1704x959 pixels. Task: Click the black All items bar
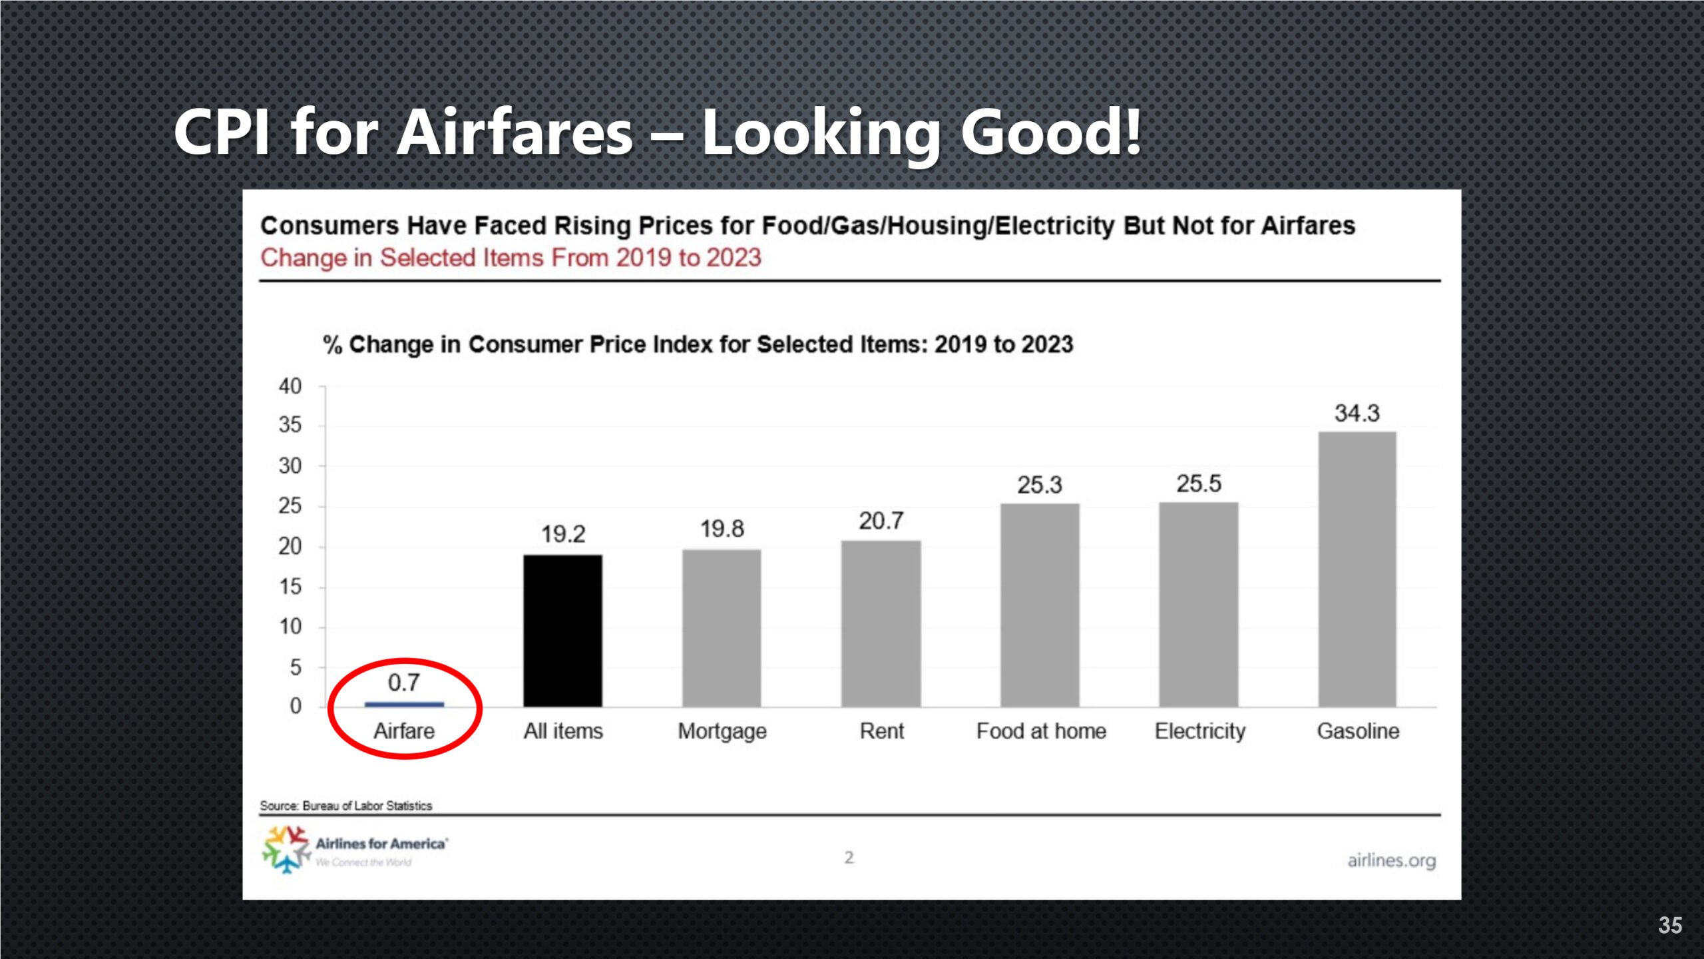point(562,630)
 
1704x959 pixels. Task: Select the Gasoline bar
point(1357,569)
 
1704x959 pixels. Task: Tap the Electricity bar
point(1198,604)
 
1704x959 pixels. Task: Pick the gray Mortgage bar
point(722,628)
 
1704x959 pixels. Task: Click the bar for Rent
point(881,623)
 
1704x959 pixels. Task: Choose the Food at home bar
point(1040,605)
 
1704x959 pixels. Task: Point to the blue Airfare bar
point(404,704)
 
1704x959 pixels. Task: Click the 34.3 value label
point(1357,414)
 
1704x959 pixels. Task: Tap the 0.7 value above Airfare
point(404,683)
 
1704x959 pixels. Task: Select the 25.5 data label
point(1199,483)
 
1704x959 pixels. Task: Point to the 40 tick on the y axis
point(290,386)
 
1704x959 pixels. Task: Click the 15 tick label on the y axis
point(290,587)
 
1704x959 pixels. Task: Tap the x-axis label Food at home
point(1041,731)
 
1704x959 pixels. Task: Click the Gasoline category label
point(1358,731)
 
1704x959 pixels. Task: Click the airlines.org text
point(1391,860)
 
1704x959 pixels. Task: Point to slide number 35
point(1669,925)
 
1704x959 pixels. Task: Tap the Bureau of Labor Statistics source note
point(346,806)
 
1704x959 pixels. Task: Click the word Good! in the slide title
point(1050,133)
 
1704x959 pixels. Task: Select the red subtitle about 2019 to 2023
point(511,258)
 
